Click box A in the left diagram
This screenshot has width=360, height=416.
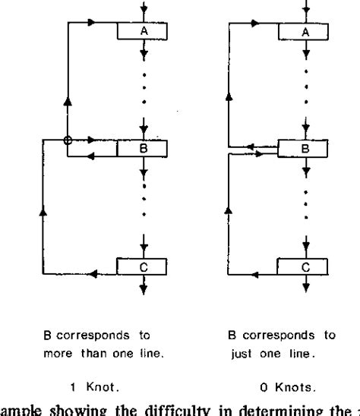click(141, 31)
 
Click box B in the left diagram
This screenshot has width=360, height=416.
click(141, 148)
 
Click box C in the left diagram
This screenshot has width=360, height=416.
click(141, 266)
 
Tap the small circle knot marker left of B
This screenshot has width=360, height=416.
click(68, 140)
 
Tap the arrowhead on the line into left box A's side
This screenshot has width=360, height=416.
click(92, 23)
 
